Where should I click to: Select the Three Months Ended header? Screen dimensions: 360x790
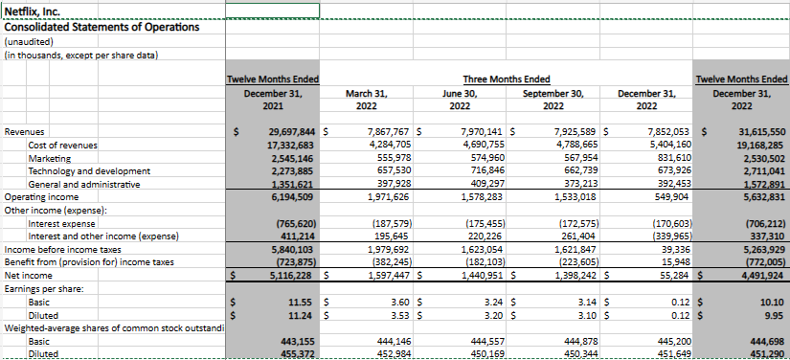pyautogui.click(x=507, y=79)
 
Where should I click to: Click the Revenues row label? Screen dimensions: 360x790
pyautogui.click(x=24, y=131)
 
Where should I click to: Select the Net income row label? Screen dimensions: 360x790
pyautogui.click(x=29, y=274)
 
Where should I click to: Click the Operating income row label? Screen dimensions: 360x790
pyautogui.click(x=40, y=196)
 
